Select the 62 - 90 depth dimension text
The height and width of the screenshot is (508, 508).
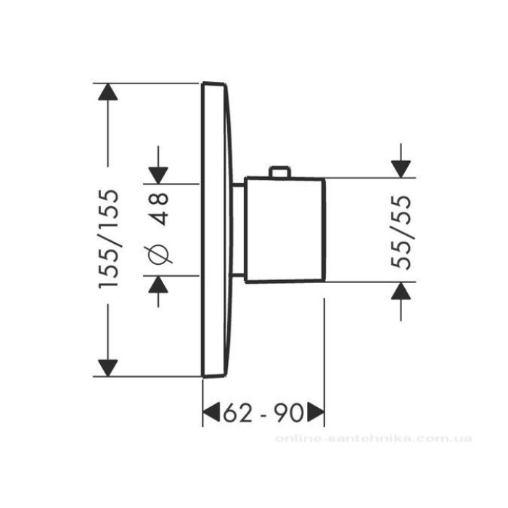263,413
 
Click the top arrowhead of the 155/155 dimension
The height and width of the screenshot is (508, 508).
108,92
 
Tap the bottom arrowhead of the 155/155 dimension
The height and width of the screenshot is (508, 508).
108,368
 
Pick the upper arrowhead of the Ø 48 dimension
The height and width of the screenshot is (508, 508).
158,175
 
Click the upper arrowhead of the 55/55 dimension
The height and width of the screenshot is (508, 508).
401,169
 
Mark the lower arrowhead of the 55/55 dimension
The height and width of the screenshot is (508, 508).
401,290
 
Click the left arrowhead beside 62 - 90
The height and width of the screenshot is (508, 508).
211,413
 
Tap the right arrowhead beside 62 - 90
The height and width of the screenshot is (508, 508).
316,413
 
